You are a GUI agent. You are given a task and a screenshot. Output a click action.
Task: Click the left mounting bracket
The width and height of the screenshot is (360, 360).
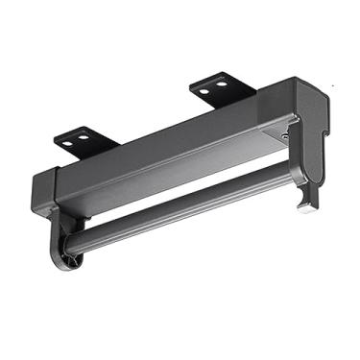(86, 138)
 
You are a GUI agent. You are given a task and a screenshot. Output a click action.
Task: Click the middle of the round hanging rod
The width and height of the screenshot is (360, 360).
(182, 205)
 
